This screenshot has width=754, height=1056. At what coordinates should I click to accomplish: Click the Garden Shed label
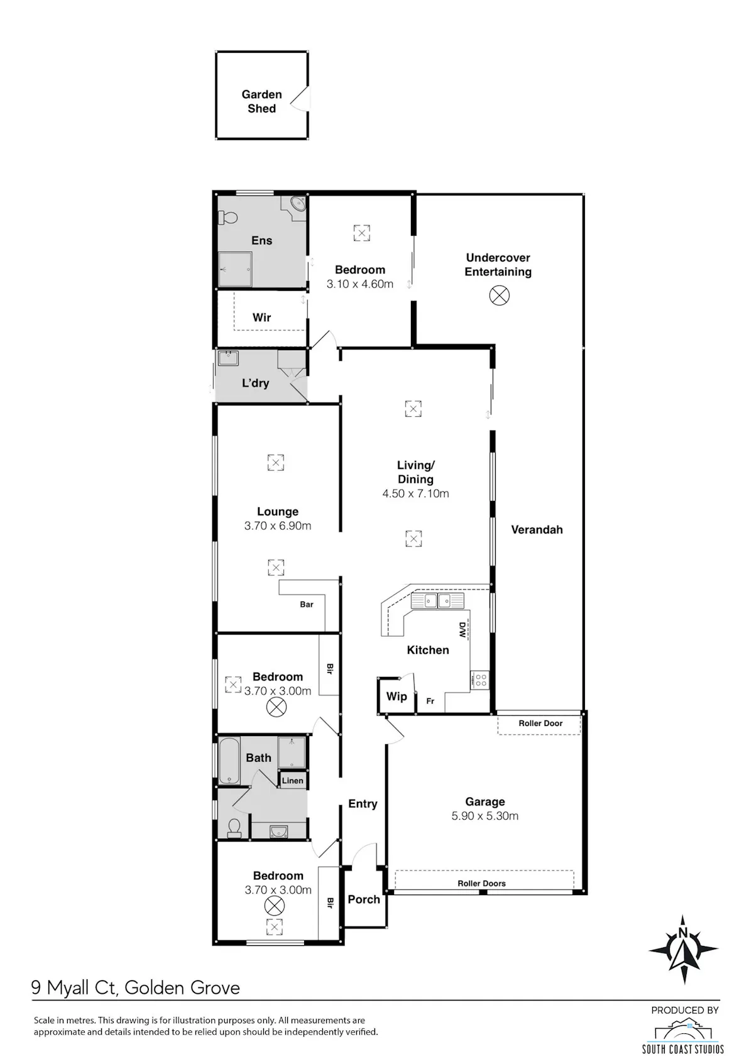[x=261, y=101]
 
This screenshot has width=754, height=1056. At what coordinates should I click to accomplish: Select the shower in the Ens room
[x=235, y=269]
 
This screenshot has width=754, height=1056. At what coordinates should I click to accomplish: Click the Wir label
[x=261, y=317]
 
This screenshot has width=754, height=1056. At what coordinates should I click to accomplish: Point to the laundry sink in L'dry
[x=229, y=358]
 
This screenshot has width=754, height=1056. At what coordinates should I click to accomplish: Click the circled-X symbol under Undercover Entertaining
[x=499, y=295]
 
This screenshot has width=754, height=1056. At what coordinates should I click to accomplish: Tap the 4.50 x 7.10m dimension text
[x=415, y=493]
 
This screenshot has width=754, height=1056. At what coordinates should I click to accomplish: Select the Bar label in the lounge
[x=307, y=605]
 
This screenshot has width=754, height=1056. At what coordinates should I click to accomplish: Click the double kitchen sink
[x=437, y=601]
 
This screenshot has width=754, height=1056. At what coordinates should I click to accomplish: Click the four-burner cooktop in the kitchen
[x=480, y=680]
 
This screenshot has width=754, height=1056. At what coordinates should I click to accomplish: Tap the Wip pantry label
[x=396, y=696]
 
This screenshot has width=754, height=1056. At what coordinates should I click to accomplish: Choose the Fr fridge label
[x=430, y=701]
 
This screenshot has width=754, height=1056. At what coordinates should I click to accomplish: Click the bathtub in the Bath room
[x=229, y=761]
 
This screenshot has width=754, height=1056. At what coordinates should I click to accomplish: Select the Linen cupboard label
[x=292, y=781]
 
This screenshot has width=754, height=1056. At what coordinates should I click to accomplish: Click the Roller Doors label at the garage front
[x=481, y=884]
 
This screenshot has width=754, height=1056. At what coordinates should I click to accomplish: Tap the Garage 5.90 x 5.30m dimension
[x=484, y=816]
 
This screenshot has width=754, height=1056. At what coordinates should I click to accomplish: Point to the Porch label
[x=364, y=899]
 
